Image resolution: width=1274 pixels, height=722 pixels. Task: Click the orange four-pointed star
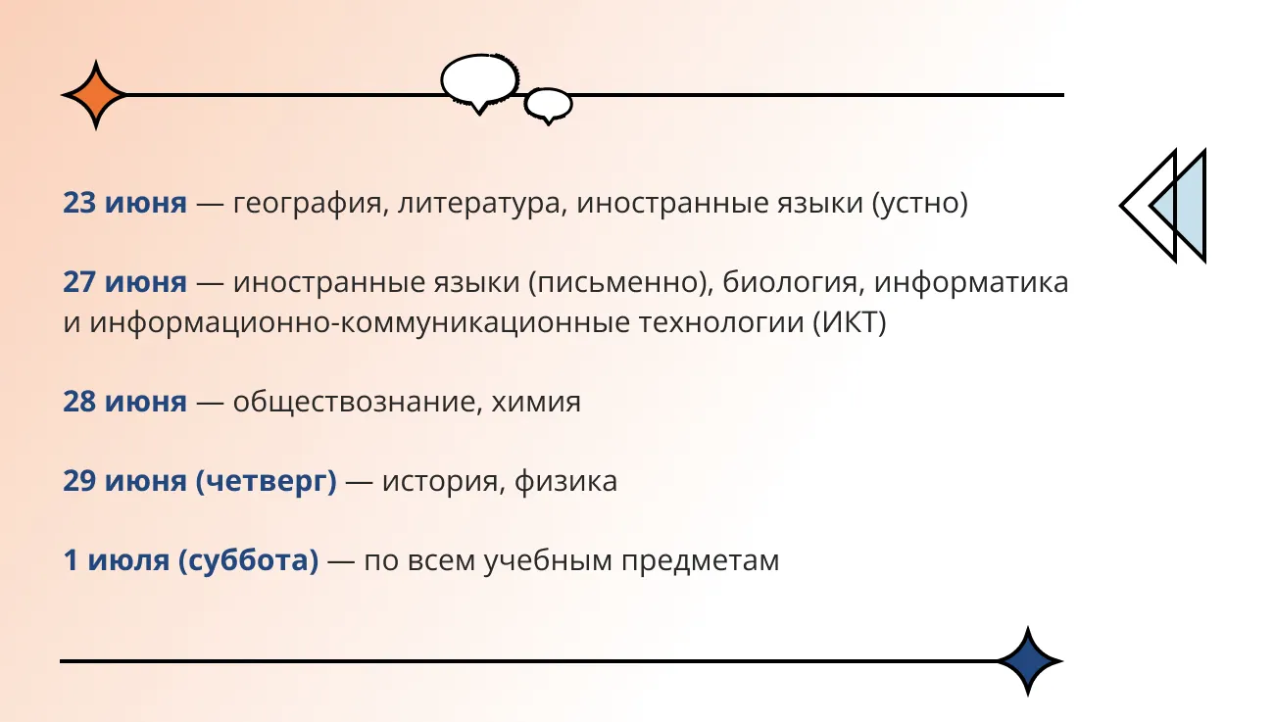pyautogui.click(x=96, y=95)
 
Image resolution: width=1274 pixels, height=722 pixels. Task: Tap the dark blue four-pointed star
pyautogui.click(x=1028, y=661)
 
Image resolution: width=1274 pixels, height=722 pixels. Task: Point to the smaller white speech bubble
pyautogui.click(x=548, y=105)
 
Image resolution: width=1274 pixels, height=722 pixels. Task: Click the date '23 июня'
pyautogui.click(x=124, y=203)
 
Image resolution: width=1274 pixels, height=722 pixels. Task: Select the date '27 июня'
pyautogui.click(x=124, y=282)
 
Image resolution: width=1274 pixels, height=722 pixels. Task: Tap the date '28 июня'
pyautogui.click(x=124, y=402)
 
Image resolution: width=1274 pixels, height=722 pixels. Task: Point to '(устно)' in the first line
pyautogui.click(x=920, y=204)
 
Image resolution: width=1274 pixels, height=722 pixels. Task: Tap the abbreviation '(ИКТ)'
pyautogui.click(x=849, y=323)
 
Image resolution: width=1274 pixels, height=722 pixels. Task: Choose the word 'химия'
pyautogui.click(x=536, y=403)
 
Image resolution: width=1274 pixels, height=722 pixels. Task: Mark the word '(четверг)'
pyautogui.click(x=267, y=482)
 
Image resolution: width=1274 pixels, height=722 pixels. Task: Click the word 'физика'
pyautogui.click(x=565, y=482)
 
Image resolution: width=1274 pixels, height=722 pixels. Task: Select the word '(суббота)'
pyautogui.click(x=249, y=560)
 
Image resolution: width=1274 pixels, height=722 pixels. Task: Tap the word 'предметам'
pyautogui.click(x=700, y=562)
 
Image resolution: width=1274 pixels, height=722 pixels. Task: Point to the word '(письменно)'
pyautogui.click(x=621, y=283)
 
